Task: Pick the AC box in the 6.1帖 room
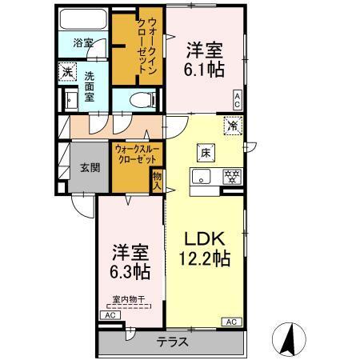[238, 99]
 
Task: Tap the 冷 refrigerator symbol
[233, 126]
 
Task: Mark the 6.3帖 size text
[128, 270]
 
